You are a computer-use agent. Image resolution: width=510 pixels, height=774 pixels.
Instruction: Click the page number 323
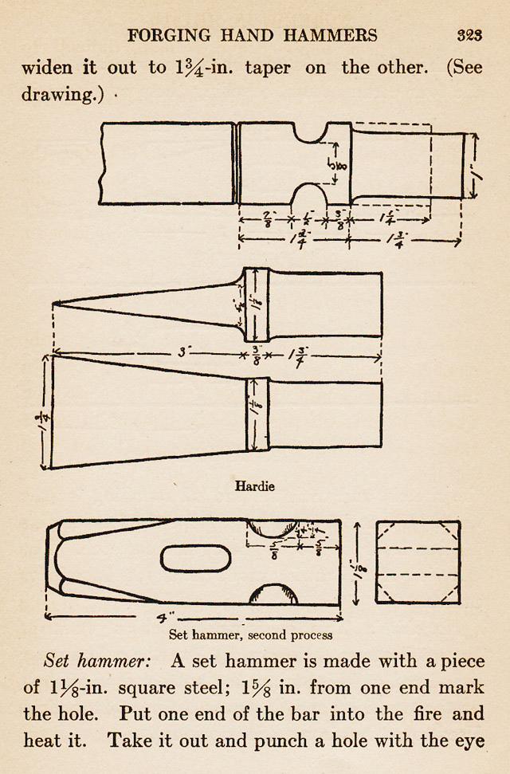coord(469,35)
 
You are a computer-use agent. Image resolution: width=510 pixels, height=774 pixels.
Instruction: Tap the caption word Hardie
coord(255,485)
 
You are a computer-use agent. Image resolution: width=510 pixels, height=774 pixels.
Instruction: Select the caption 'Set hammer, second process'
coord(251,635)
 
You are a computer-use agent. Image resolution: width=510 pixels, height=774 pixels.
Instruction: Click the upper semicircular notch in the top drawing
coord(314,133)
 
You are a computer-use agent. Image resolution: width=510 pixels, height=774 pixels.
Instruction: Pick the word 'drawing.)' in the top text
coord(57,95)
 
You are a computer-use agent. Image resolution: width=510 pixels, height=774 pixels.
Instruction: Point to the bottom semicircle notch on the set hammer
coord(275,595)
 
